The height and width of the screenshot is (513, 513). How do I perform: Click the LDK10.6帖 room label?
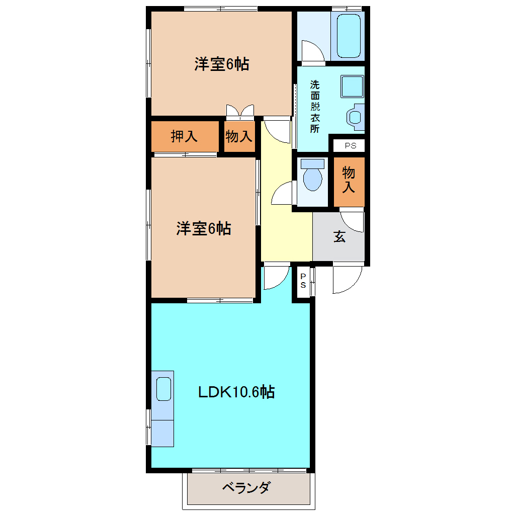click(236, 392)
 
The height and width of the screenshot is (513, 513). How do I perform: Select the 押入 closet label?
click(184, 136)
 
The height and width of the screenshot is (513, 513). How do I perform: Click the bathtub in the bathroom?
click(348, 36)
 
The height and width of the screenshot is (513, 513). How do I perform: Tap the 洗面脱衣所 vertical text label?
click(315, 107)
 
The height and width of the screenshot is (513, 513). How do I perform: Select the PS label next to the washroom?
click(351, 146)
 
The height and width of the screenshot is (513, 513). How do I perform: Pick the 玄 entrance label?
click(340, 237)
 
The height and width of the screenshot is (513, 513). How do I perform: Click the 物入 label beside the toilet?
click(349, 181)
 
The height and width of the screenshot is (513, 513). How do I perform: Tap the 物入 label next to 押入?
click(238, 136)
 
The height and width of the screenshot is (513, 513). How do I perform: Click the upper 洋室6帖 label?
click(222, 64)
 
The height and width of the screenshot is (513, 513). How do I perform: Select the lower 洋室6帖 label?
click(203, 229)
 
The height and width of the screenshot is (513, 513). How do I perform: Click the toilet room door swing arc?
click(282, 194)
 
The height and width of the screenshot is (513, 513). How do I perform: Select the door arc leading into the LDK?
click(275, 278)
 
